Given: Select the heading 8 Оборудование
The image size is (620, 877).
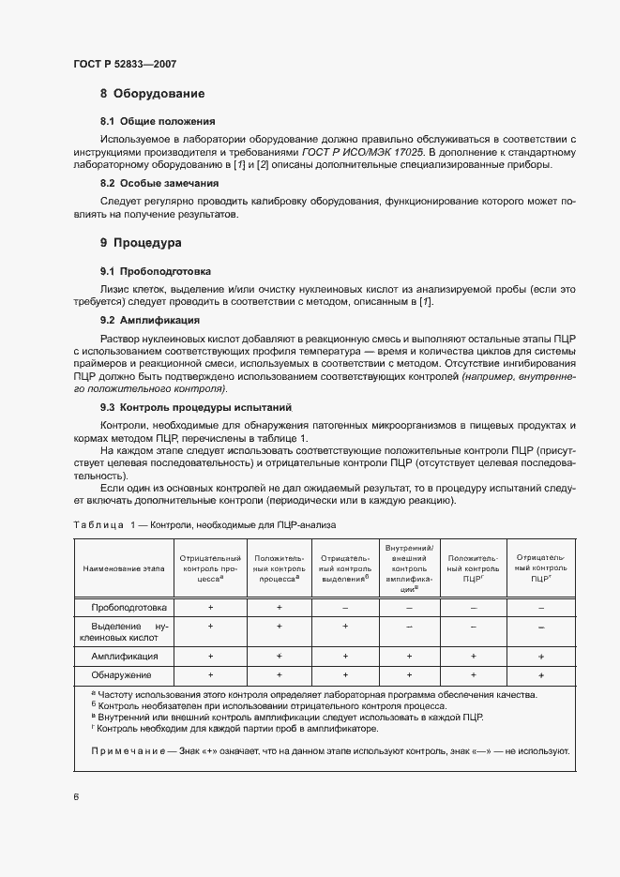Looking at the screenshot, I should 152,94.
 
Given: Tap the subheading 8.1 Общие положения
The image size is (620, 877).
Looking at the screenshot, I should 158,121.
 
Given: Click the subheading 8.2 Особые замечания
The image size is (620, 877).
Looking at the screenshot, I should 159,183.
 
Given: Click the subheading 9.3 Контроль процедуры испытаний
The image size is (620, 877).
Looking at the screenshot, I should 196,408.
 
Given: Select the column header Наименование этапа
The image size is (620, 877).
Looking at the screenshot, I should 123,568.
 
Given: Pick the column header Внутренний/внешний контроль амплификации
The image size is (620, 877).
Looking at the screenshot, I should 409,568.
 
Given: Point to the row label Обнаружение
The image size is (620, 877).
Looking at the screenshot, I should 123,674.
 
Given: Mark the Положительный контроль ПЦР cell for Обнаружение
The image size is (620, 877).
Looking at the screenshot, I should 474,674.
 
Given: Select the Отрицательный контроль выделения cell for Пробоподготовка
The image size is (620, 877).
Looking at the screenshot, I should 345,607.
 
